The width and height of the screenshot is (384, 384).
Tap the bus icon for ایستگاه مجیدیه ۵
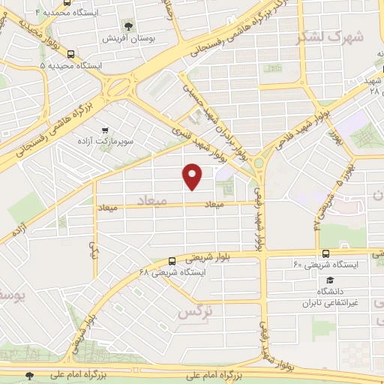tap(71, 54)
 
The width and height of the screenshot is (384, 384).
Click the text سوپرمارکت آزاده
tap(105, 140)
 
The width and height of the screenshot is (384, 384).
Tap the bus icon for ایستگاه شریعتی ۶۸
tap(172, 262)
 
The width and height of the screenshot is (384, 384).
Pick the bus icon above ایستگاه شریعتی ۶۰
tap(325, 254)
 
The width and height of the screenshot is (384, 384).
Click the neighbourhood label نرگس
tap(194, 313)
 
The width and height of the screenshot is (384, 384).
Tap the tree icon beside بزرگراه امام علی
tap(29, 375)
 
